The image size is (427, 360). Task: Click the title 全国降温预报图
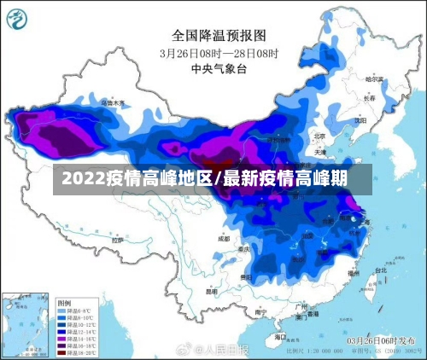219,35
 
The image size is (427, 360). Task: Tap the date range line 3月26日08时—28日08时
219,52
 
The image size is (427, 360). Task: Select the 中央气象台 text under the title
219,68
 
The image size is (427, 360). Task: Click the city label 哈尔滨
375,78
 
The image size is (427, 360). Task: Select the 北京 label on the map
319,135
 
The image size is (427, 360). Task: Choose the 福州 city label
352,275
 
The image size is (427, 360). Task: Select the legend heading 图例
64,303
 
